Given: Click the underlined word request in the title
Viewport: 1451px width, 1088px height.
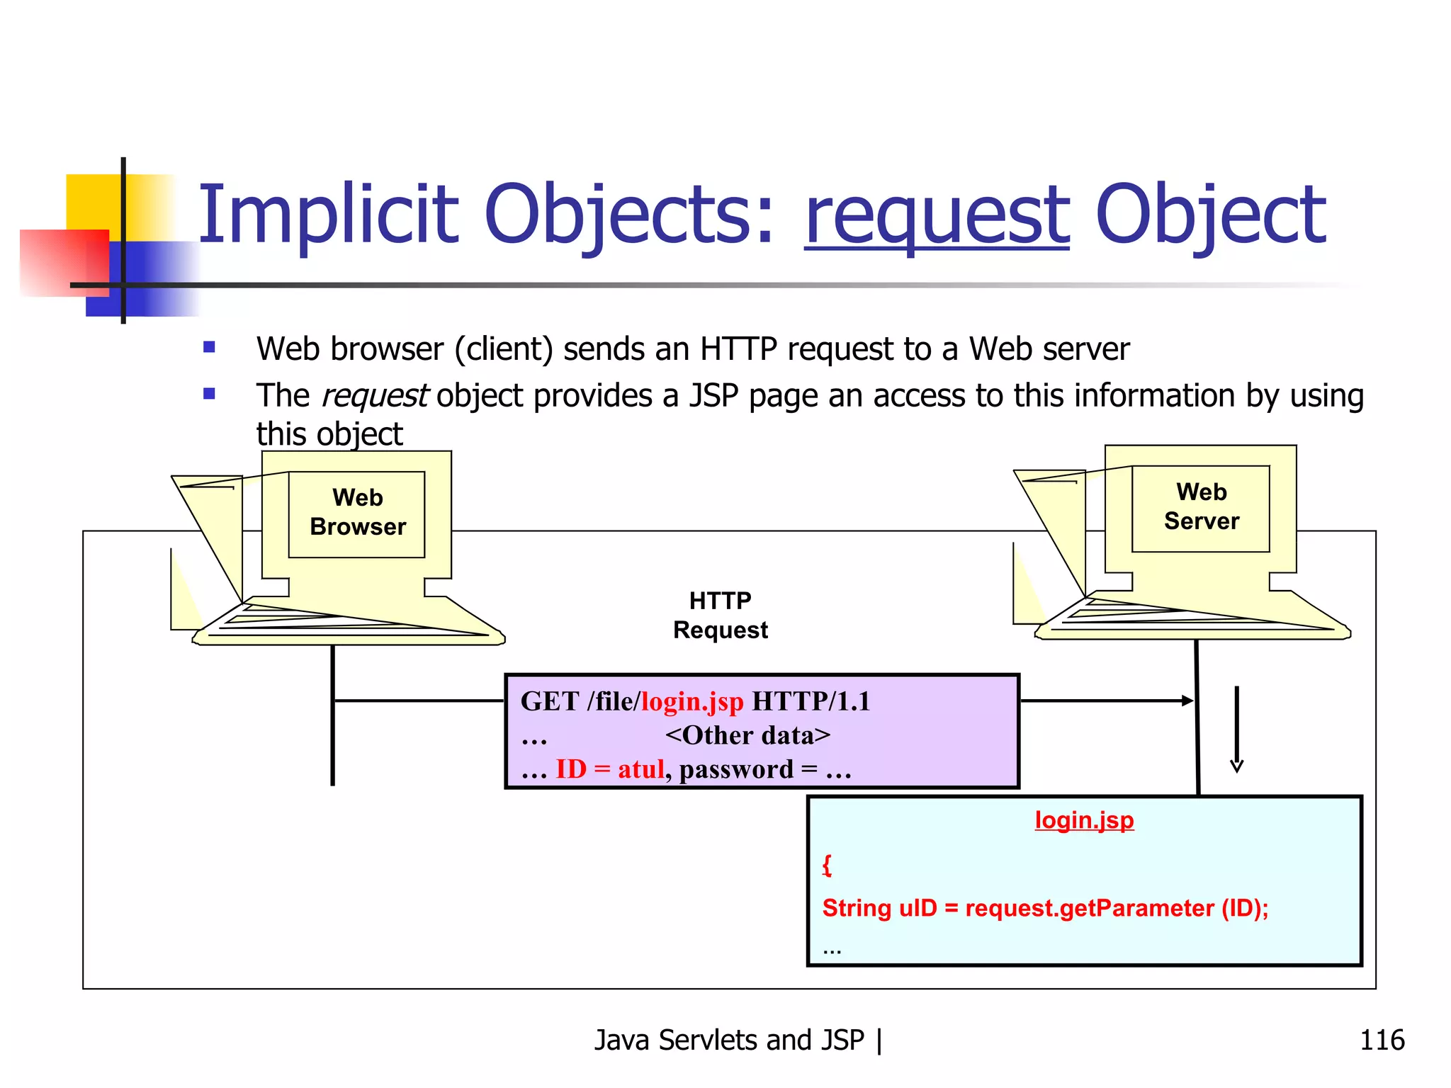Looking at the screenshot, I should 936,216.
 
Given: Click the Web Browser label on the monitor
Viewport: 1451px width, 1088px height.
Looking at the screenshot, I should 358,513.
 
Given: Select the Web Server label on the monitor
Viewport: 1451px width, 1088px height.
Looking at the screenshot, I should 1201,507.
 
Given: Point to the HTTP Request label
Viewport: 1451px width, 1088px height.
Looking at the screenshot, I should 720,616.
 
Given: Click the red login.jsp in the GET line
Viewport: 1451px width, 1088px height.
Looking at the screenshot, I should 692,702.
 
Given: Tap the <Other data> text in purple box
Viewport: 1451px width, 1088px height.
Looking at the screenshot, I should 747,736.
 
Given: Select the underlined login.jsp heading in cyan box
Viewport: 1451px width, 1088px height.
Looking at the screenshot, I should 1084,820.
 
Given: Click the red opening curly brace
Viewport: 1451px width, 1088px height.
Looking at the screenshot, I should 827,865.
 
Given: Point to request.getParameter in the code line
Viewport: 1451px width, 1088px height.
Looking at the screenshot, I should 1089,909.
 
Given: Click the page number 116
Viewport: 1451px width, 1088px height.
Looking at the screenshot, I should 1382,1041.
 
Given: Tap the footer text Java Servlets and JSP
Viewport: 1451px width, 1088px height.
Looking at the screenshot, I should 729,1041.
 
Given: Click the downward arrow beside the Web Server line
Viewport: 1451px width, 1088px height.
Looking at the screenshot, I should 1236,730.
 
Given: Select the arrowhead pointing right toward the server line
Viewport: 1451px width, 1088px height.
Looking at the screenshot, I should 1187,701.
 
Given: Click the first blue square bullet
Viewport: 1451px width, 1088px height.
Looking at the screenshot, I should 209,347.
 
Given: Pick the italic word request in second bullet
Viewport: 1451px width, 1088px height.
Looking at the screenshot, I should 374,396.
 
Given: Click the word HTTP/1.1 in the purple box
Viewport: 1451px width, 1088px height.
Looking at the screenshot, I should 811,702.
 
